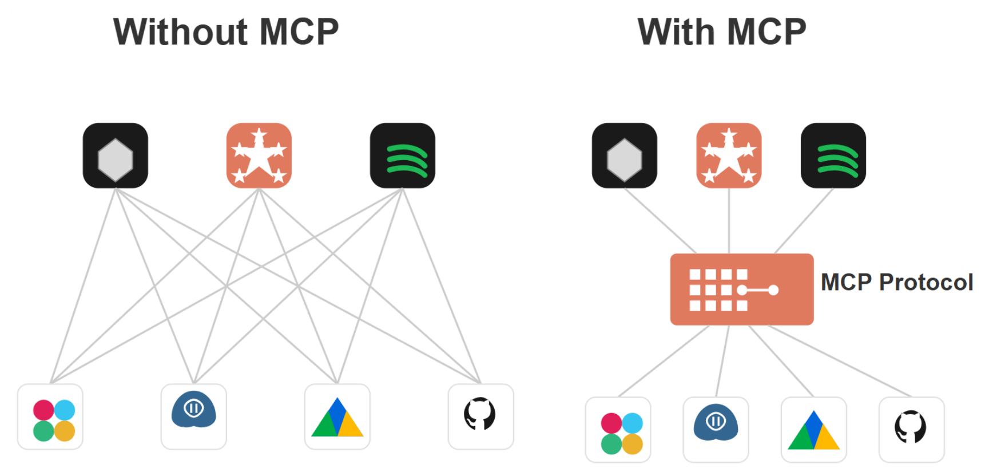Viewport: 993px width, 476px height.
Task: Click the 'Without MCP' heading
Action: [x=226, y=31]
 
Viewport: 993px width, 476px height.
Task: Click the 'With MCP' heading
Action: [x=722, y=31]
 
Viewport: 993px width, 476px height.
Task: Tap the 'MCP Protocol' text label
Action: [x=896, y=282]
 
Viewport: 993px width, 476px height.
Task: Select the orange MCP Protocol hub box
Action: [x=741, y=289]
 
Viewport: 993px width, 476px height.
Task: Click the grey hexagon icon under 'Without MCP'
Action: [x=116, y=156]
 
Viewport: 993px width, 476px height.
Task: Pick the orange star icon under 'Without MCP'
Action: [x=259, y=156]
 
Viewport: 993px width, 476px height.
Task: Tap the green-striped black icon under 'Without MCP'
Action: [x=403, y=156]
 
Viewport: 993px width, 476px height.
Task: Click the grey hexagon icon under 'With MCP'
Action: [x=625, y=156]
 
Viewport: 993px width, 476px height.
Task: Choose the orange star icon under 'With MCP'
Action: [x=729, y=156]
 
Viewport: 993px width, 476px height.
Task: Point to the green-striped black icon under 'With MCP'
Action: [x=833, y=156]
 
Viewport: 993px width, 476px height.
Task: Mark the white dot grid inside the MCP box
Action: [x=718, y=290]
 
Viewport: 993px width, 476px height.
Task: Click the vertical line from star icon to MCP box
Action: [x=729, y=221]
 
